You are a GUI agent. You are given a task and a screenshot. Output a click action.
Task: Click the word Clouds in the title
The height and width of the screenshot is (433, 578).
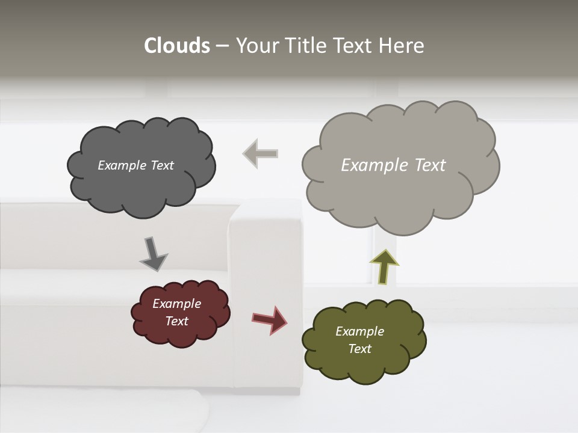click(177, 46)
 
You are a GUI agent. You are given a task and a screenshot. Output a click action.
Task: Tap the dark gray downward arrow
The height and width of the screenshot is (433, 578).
click(153, 254)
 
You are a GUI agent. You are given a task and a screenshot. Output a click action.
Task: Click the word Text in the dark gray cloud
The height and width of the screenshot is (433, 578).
click(162, 165)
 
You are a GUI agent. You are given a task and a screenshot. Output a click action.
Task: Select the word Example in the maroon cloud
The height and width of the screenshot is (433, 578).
click(176, 304)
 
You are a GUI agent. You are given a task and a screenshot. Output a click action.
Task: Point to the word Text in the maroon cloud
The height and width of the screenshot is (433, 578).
click(177, 321)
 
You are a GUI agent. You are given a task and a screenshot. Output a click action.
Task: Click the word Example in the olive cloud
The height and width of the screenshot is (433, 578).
click(359, 331)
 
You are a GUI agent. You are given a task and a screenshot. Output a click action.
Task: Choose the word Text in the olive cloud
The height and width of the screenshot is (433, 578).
click(360, 349)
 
